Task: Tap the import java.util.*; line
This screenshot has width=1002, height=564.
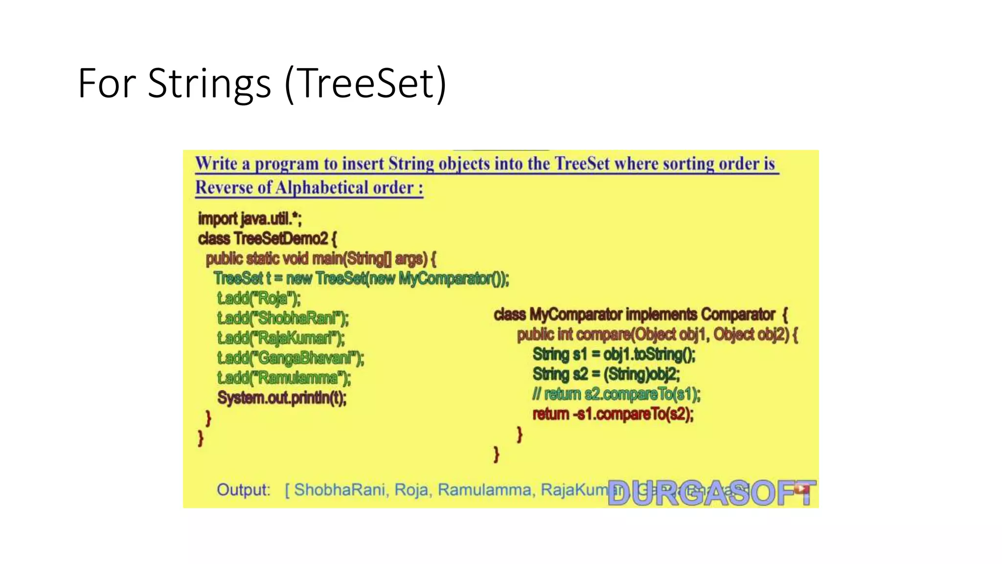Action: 250,218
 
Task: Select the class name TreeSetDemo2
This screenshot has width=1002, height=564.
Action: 280,238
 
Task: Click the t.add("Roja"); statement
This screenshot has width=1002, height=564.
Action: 259,298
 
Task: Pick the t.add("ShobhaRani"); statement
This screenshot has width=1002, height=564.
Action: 283,318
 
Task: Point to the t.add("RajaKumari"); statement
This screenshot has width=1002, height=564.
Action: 281,338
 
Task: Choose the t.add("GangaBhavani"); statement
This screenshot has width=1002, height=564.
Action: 291,358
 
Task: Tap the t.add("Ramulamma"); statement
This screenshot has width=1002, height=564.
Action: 284,378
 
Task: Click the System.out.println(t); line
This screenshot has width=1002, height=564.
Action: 282,398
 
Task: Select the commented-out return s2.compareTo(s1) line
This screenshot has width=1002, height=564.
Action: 616,394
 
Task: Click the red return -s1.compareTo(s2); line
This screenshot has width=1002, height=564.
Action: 613,414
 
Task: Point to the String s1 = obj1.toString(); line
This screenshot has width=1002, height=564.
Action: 614,354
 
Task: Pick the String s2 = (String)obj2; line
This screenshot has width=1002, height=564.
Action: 606,374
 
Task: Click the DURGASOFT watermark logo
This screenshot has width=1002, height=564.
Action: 711,493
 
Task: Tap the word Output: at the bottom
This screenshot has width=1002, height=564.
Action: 243,490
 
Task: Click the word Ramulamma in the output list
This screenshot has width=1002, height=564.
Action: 484,490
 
